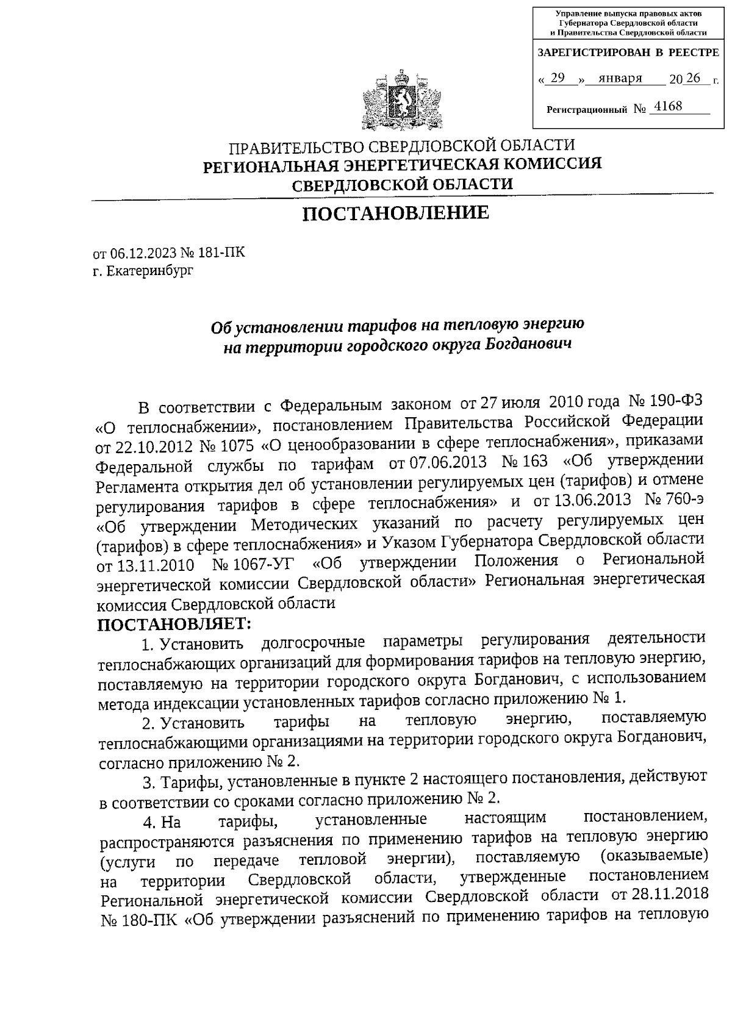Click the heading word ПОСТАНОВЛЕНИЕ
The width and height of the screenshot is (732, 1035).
pyautogui.click(x=396, y=213)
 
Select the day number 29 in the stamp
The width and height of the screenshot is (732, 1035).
pyautogui.click(x=558, y=78)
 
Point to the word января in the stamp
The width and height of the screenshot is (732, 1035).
pyautogui.click(x=620, y=78)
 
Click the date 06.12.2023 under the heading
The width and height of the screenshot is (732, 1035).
pyautogui.click(x=138, y=253)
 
